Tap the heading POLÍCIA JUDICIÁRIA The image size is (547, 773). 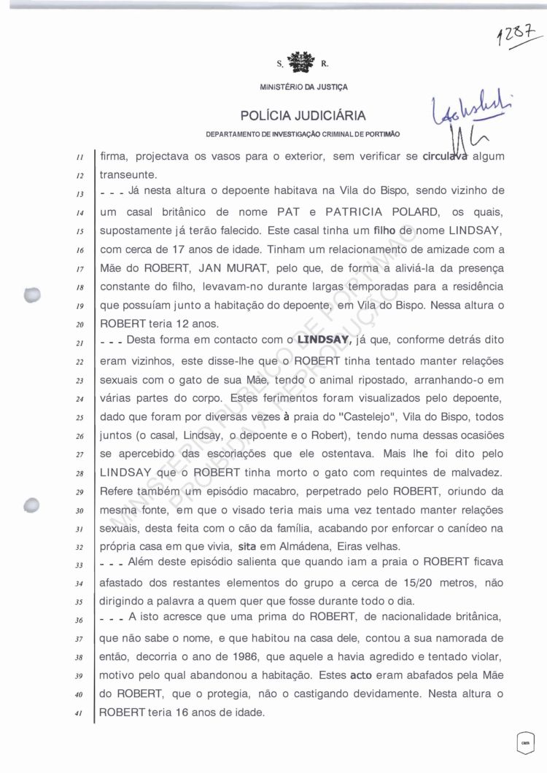point(303,116)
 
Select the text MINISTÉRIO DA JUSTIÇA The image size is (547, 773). point(303,88)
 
